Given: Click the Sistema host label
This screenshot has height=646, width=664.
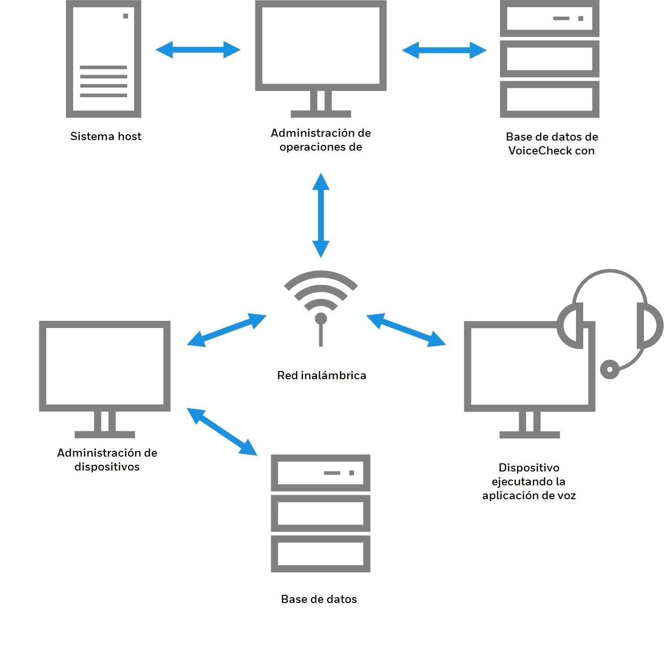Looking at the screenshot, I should coord(106,136).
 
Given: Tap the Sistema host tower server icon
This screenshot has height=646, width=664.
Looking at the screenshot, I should coord(103,59).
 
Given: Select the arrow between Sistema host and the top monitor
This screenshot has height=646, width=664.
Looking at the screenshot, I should coord(198,50).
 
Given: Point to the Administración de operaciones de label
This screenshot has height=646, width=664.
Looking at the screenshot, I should coord(321,140).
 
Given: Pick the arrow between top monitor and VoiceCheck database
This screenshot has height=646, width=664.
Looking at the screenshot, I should coord(444,50).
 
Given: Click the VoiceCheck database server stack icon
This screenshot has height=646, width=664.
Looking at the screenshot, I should coord(549,59).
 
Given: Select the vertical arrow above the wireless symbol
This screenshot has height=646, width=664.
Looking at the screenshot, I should coord(321,215).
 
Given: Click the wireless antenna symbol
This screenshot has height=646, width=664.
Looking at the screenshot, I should coord(321,306).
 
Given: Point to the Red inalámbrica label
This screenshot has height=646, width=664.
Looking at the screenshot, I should coord(321,375).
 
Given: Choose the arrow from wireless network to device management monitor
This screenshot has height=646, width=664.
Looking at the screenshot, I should coord(226,330).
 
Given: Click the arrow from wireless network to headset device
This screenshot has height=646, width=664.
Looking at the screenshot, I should coord(406,330).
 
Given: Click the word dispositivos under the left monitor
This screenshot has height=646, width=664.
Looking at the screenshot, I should coord(107,467).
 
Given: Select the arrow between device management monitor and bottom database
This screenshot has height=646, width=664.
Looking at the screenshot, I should coord(222,431).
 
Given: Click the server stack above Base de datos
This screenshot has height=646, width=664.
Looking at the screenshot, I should coord(320,513).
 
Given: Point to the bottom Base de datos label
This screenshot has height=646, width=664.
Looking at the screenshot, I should coord(319,599).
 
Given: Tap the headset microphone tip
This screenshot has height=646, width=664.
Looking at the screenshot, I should coord(610,370).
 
